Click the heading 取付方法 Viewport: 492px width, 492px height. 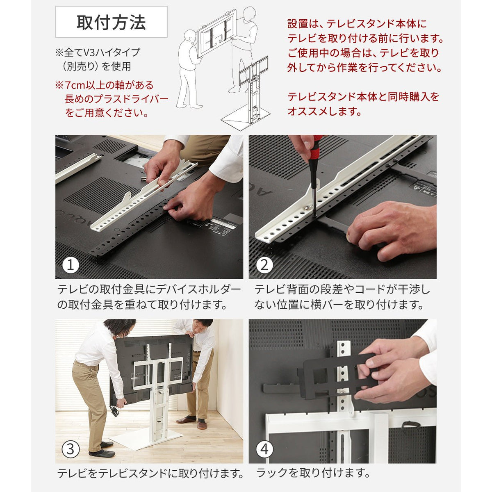pyautogui.click(x=111, y=22)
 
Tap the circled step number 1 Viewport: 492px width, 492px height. pyautogui.click(x=71, y=265)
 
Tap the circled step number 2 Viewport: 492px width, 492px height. pyautogui.click(x=264, y=265)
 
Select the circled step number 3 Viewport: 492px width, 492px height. pyautogui.click(x=71, y=450)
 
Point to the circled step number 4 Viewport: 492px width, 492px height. pyautogui.click(x=264, y=450)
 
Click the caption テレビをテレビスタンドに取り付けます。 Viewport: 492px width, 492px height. pyautogui.click(x=150, y=473)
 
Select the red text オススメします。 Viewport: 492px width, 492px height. pyautogui.click(x=324, y=111)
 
